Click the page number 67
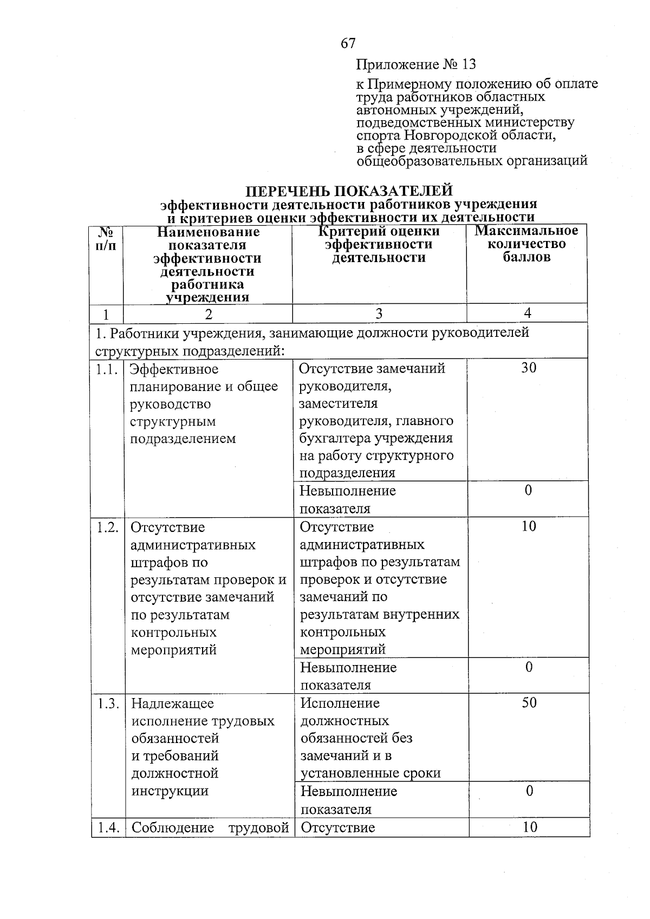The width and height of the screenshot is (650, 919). point(348,43)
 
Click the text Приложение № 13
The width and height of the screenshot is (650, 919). point(415,65)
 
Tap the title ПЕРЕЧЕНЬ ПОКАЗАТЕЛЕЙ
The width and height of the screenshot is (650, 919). point(349,191)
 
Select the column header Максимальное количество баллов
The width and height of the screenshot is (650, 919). point(526,244)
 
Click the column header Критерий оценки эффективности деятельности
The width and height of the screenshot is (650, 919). point(379,244)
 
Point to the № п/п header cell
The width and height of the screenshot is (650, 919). point(107,238)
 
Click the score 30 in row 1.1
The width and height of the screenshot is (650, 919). point(528,368)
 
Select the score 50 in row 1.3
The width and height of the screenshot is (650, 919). point(529,702)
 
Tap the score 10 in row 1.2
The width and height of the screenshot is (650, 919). point(528,526)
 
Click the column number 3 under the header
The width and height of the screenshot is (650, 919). point(379,314)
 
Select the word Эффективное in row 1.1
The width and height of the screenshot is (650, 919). point(174,369)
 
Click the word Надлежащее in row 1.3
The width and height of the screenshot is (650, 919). point(173,703)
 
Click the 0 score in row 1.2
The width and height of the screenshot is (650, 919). point(529,667)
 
